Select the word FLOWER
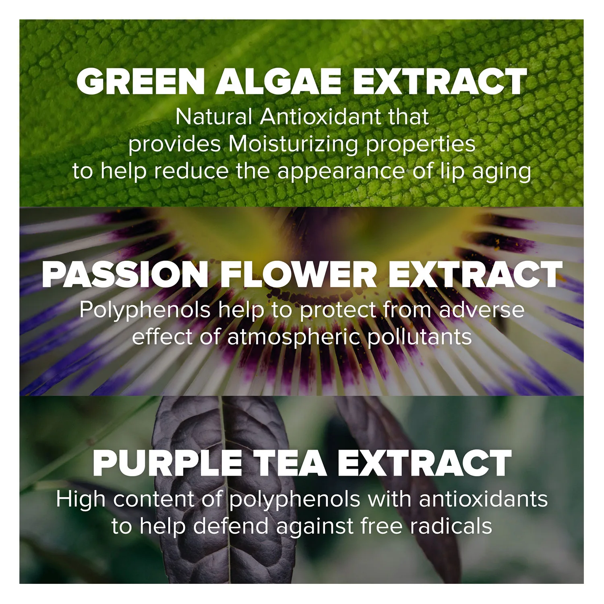[298, 275]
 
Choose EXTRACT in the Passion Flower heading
[475, 275]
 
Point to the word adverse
[482, 310]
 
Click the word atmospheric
[293, 337]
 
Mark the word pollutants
[419, 337]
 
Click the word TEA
[290, 463]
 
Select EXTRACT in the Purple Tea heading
[425, 463]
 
